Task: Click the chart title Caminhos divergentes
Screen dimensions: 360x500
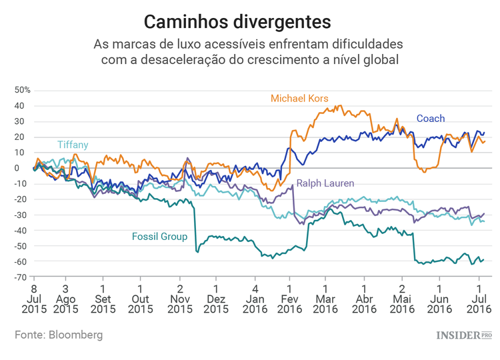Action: tap(237, 22)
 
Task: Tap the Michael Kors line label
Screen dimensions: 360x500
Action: tap(299, 99)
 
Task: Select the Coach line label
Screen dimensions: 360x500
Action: tap(431, 119)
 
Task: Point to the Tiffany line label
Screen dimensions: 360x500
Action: tap(73, 145)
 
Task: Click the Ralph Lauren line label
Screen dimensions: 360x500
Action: tap(325, 183)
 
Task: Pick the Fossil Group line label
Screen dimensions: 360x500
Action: tap(159, 237)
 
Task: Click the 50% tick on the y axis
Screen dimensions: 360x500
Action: tap(23, 90)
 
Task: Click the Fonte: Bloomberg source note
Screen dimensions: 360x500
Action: tap(59, 335)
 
